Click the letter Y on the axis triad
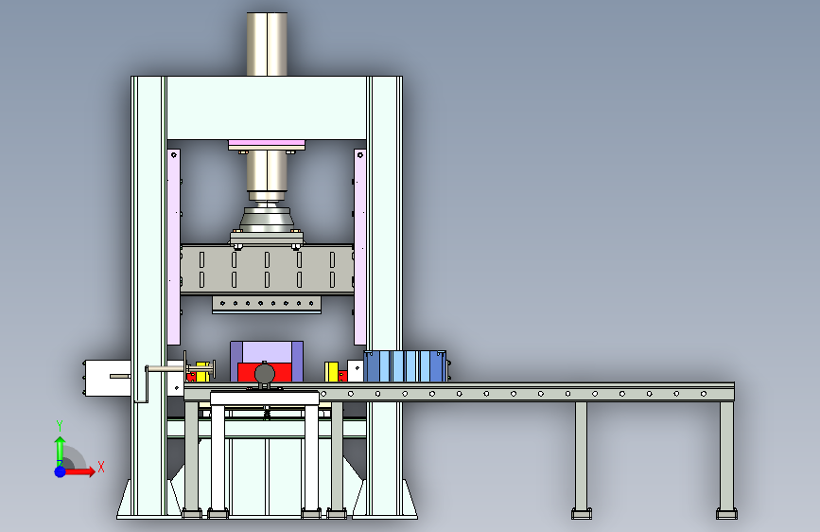60,426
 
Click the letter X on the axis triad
101,467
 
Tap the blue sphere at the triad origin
61,471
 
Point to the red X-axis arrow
79,471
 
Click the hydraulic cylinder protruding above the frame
267,44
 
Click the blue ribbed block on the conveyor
405,366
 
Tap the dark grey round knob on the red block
265,374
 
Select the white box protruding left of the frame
108,378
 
